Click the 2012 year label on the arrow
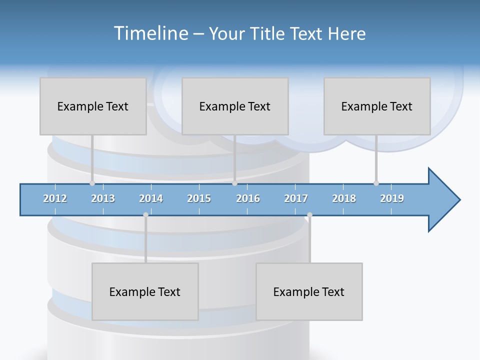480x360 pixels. click(x=55, y=198)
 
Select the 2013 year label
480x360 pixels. click(x=103, y=198)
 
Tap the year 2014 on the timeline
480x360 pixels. click(x=151, y=198)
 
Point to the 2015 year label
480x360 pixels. click(x=199, y=198)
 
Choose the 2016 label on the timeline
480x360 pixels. click(x=248, y=198)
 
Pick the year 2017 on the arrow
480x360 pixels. click(x=296, y=198)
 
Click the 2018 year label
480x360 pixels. click(x=344, y=198)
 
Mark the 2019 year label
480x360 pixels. click(x=392, y=198)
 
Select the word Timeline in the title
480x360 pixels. click(x=150, y=33)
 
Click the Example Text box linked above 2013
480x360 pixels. click(x=93, y=106)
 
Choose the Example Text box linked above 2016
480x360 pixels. click(x=235, y=106)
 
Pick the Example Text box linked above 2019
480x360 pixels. click(x=377, y=106)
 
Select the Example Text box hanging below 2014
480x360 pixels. click(x=145, y=291)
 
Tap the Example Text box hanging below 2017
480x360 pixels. click(x=309, y=291)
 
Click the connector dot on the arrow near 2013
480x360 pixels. click(x=92, y=183)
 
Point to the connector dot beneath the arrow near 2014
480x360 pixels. click(x=145, y=215)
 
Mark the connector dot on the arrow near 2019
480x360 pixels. click(x=376, y=183)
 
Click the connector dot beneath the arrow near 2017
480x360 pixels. click(x=309, y=215)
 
